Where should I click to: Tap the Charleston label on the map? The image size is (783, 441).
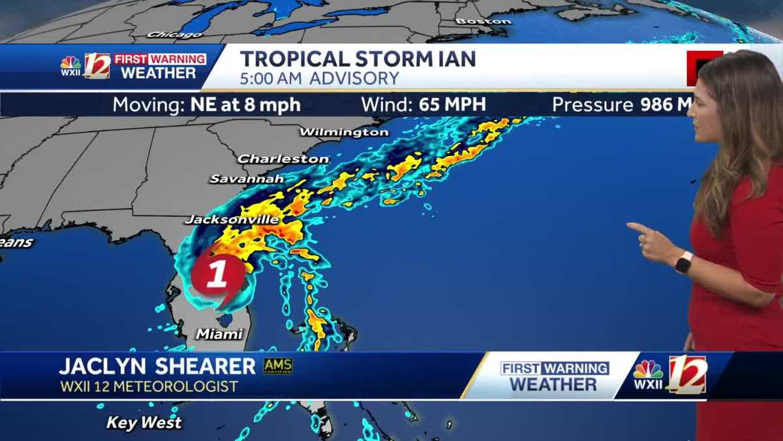(283, 159)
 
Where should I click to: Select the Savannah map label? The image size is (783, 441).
(247, 178)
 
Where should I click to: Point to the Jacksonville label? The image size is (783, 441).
(232, 220)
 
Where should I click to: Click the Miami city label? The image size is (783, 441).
(219, 334)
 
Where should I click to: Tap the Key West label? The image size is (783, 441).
(144, 423)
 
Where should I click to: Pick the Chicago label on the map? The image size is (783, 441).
(166, 35)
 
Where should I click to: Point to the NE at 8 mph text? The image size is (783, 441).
(245, 105)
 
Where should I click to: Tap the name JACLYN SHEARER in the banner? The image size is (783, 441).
(157, 367)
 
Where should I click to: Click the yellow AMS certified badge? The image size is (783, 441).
(278, 366)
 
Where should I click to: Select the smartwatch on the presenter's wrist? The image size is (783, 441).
(683, 263)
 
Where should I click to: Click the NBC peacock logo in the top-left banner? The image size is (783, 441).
(70, 63)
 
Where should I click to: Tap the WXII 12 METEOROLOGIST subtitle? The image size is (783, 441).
(149, 387)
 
